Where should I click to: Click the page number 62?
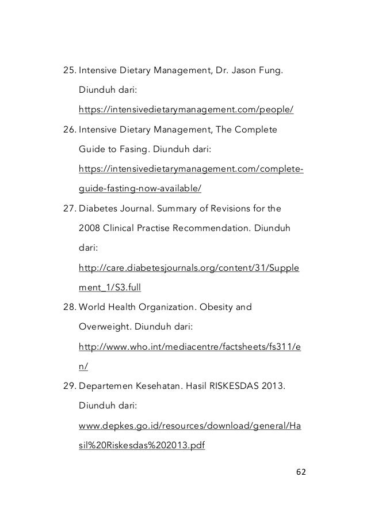tap(300, 472)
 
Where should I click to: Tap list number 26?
tap(68, 130)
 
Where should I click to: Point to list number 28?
tap(68, 308)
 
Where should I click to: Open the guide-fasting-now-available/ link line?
tap(143, 189)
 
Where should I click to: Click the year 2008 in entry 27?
tap(89, 228)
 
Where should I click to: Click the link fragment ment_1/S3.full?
tap(110, 288)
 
